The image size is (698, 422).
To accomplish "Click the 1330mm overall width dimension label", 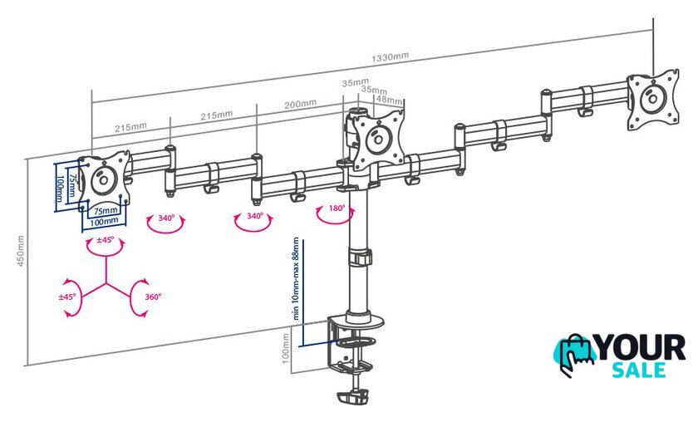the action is click(390, 57).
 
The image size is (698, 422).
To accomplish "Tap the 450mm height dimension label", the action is click(21, 251).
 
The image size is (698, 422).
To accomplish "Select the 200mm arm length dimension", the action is click(301, 104).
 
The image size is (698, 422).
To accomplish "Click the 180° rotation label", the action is click(337, 208).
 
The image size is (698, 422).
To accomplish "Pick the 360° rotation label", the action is click(153, 297).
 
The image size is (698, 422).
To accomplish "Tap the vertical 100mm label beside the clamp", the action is click(286, 348).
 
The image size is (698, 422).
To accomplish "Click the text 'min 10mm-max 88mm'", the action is click(296, 278).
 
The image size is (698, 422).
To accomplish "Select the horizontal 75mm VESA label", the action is click(106, 210).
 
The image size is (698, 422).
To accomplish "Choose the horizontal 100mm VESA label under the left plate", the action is click(104, 221).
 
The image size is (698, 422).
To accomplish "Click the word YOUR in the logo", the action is click(640, 348).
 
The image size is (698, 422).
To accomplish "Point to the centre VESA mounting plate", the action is click(378, 139).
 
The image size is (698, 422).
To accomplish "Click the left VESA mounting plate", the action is click(104, 179).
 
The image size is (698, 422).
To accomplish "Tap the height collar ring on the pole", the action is click(360, 258).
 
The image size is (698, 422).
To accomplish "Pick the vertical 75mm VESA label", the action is click(71, 186).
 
